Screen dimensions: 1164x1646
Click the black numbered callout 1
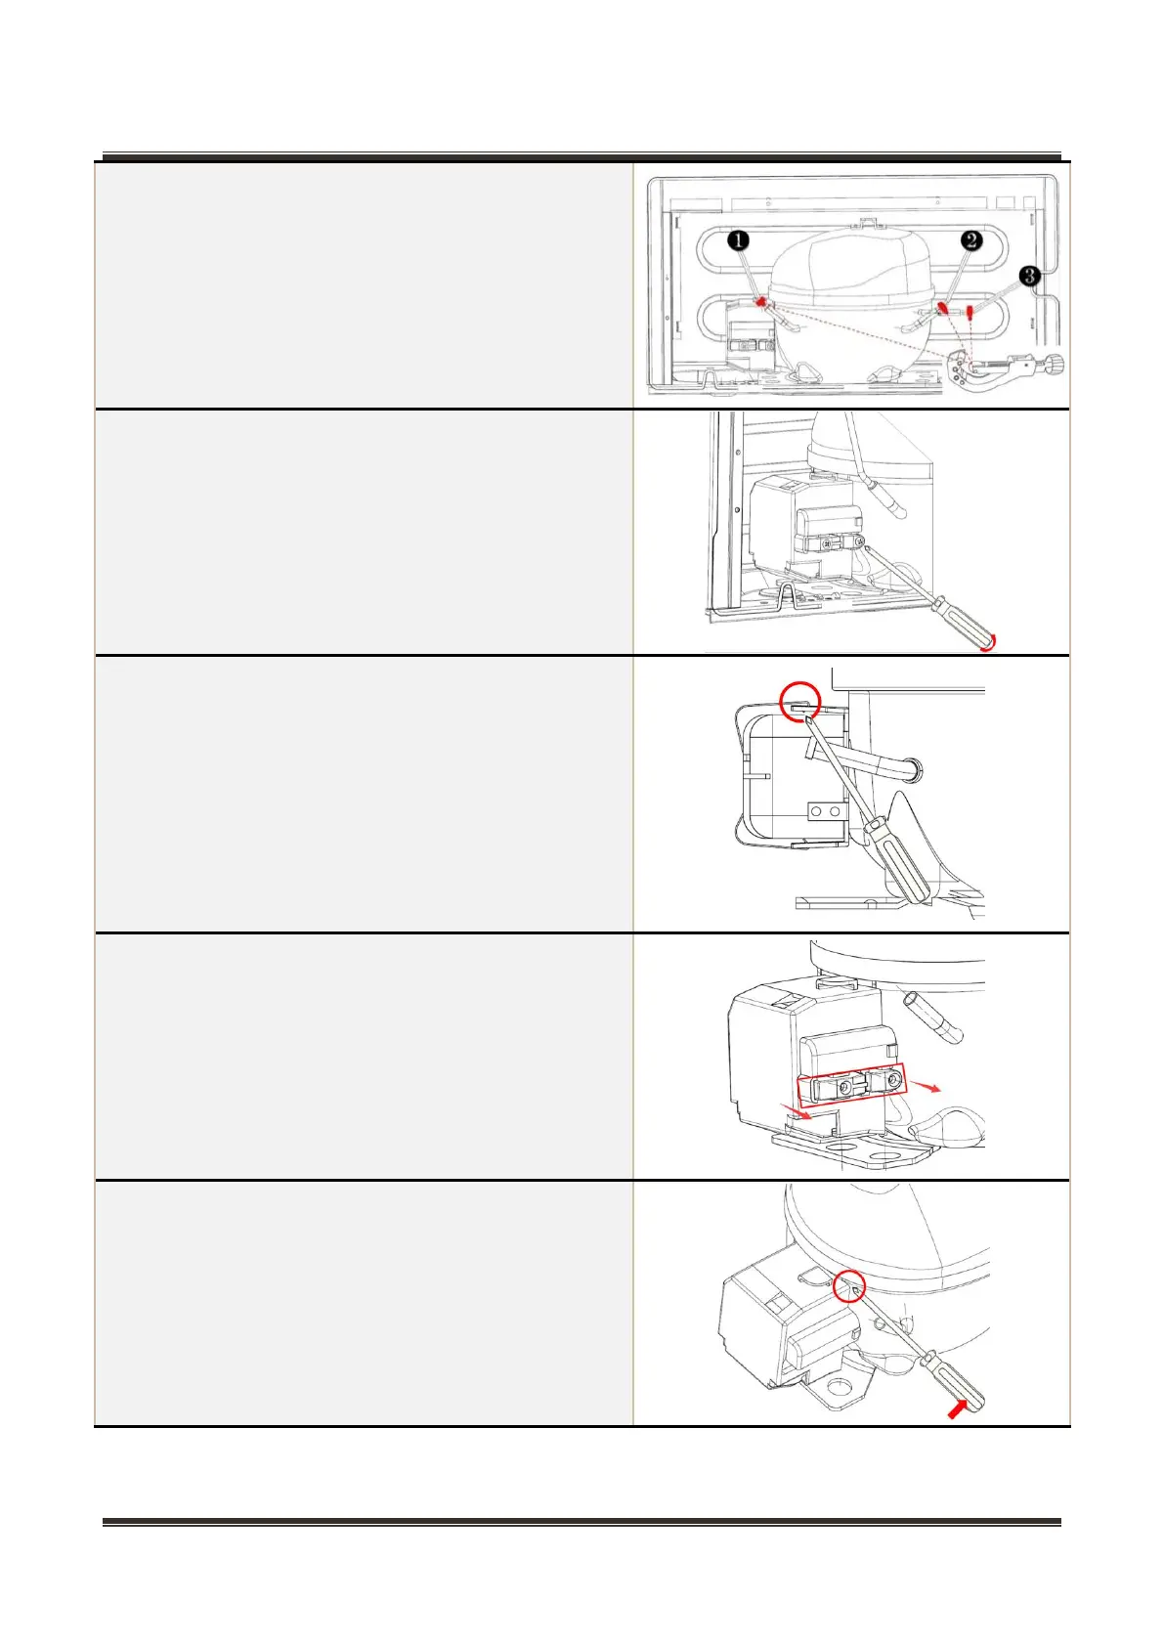click(x=740, y=239)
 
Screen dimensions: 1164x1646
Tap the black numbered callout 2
click(x=970, y=239)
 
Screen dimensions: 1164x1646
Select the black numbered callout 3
click(x=1029, y=277)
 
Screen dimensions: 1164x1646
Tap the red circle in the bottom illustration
click(x=850, y=1288)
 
